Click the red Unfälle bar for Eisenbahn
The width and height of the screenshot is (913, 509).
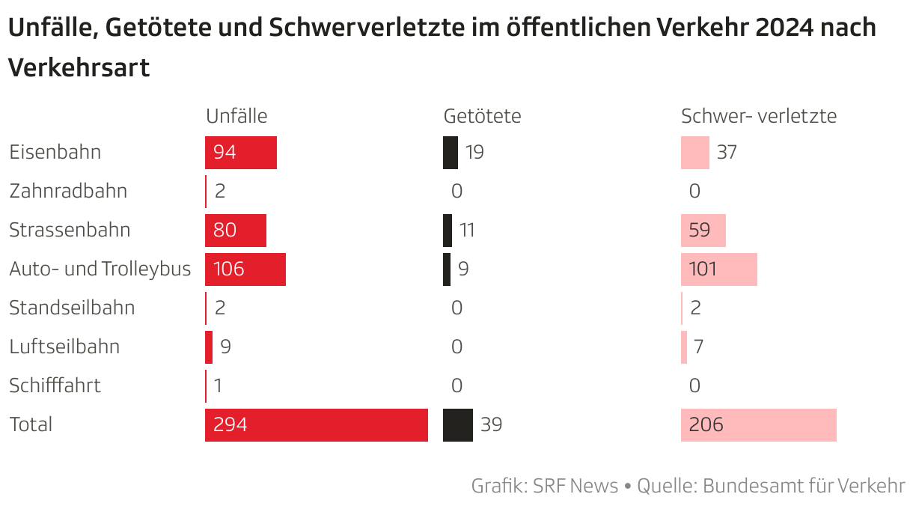click(240, 153)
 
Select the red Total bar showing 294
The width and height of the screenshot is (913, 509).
click(316, 425)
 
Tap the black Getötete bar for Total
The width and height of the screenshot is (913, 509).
click(458, 425)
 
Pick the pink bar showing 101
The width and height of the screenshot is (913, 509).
click(718, 269)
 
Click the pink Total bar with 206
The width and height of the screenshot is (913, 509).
click(758, 425)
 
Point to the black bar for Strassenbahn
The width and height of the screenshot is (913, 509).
click(448, 231)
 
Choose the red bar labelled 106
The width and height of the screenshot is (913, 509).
click(245, 269)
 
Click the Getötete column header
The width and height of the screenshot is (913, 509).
click(482, 116)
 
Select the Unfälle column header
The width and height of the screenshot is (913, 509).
click(236, 116)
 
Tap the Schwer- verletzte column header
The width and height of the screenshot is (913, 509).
click(758, 116)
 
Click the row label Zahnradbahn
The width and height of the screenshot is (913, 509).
click(68, 192)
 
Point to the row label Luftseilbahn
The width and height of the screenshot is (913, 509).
click(64, 347)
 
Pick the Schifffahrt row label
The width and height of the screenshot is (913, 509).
click(55, 386)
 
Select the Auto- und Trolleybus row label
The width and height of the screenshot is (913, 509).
click(100, 269)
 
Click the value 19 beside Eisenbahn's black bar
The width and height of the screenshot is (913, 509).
click(474, 153)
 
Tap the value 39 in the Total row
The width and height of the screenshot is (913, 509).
click(491, 425)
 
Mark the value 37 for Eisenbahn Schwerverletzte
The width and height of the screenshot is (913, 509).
click(727, 153)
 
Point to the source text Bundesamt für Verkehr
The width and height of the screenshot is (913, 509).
click(804, 486)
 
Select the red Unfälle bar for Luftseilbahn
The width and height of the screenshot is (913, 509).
click(209, 347)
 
